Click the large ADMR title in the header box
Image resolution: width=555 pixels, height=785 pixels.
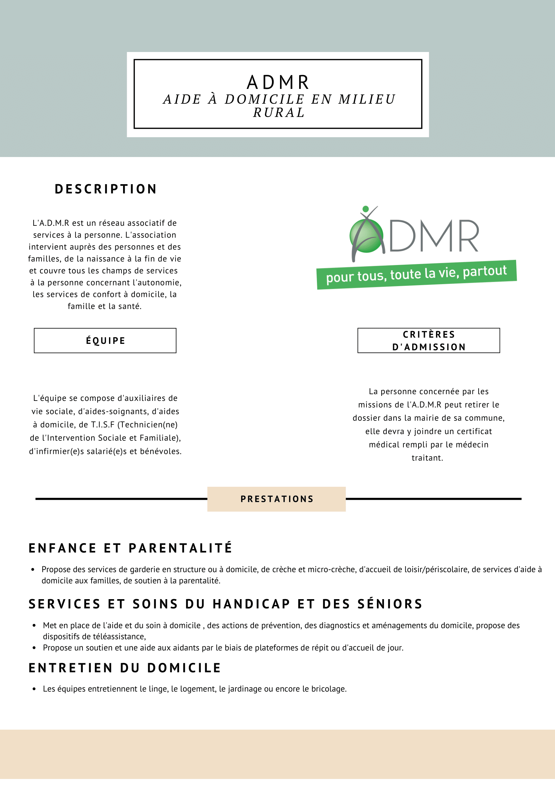(278, 83)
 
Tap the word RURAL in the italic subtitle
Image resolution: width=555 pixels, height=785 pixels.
(279, 112)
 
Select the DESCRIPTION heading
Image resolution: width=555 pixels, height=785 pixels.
(106, 189)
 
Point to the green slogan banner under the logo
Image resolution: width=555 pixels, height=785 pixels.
(416, 275)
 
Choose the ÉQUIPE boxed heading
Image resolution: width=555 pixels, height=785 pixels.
(105, 341)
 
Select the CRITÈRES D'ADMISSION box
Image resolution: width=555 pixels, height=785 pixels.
(429, 341)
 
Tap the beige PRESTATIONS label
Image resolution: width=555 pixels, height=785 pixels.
(276, 499)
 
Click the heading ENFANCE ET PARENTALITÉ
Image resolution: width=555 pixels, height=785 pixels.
(130, 548)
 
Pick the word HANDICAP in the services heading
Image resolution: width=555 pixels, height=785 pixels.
(251, 604)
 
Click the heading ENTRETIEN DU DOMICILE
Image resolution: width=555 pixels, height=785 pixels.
(125, 668)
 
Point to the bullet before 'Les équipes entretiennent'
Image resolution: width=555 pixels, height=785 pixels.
(34, 689)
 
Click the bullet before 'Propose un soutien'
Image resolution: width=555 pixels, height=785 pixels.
(34, 648)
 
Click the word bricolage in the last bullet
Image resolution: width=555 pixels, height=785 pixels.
(329, 689)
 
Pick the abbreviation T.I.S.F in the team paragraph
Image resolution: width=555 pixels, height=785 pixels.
(103, 425)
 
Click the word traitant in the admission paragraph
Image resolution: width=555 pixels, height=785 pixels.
(427, 458)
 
